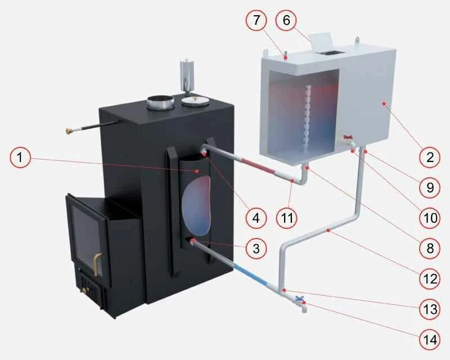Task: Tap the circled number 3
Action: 256,248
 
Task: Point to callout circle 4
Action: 256,218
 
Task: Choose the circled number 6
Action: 286,21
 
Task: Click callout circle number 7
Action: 256,21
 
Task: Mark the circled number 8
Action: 430,248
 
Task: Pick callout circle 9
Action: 430,187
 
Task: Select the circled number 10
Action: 430,218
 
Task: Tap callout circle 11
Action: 287,218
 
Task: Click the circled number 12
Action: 430,278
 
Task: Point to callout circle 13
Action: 430,308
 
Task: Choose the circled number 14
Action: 430,339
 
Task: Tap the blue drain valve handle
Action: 299,299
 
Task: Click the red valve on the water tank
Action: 348,137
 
